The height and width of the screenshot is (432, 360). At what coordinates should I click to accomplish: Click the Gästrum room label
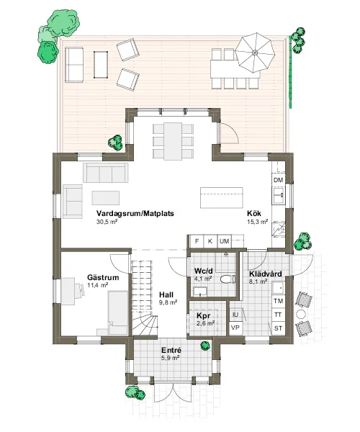pos(103,277)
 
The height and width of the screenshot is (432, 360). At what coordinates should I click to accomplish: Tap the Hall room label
pos(166,294)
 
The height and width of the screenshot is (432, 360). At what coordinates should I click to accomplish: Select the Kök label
pos(254,213)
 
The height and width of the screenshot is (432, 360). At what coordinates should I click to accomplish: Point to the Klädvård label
pos(266,274)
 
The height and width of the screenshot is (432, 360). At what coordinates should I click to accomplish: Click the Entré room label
pos(171,350)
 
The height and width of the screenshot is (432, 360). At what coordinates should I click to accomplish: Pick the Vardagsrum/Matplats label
pos(135,213)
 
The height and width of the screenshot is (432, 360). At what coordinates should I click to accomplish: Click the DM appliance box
pos(279,180)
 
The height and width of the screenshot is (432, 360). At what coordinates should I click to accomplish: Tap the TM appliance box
pos(279,301)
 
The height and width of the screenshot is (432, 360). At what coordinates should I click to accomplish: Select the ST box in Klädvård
pos(279,328)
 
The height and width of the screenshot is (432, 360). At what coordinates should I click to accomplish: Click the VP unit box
pos(235,328)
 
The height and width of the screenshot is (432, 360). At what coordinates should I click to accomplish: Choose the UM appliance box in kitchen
pos(224,241)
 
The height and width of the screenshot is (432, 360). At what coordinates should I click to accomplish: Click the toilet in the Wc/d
pos(228,279)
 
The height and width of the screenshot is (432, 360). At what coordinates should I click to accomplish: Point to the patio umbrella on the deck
pos(255,53)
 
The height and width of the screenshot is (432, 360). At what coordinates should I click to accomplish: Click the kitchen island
pos(222,197)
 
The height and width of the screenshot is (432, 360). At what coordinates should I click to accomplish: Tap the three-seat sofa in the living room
pos(106,173)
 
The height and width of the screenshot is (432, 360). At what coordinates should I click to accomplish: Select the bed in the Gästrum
pos(118,312)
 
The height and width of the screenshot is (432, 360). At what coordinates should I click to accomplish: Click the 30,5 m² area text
pos(107,222)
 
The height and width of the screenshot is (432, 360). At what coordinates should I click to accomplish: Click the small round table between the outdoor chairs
pos(301,314)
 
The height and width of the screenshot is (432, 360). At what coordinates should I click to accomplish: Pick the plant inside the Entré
pos(205,345)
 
